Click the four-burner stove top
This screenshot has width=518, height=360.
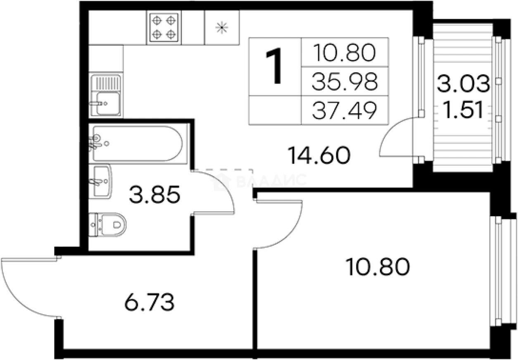(x=164, y=28)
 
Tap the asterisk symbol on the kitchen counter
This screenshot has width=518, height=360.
(x=222, y=28)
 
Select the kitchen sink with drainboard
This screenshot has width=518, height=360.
(x=106, y=95)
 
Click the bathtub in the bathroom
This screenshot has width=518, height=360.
(x=138, y=143)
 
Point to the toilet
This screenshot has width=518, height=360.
(x=107, y=225)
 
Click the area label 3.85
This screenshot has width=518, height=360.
(x=154, y=195)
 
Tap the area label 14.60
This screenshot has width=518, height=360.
(x=319, y=155)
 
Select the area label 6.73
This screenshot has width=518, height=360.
(x=150, y=302)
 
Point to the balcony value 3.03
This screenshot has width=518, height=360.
(x=463, y=83)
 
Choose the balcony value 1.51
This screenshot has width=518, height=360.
(x=463, y=110)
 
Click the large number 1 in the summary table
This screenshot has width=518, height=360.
(x=274, y=66)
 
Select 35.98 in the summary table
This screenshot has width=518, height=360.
(x=345, y=81)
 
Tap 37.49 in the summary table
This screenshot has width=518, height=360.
(x=345, y=110)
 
